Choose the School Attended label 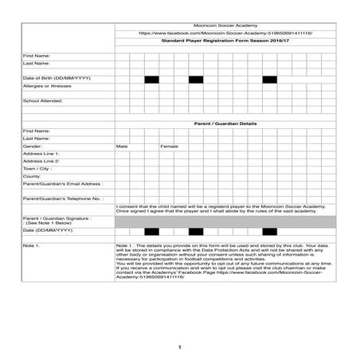[43, 101]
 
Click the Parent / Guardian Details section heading [225, 124]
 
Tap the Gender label [33, 147]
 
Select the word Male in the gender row [122, 147]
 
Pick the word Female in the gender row [170, 147]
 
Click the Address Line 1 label [41, 154]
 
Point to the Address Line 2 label [41, 162]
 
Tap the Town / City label [37, 169]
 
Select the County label [33, 176]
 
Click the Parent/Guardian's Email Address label [63, 184]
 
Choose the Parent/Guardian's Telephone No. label [63, 198]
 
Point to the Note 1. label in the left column [33, 246]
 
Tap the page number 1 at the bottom [180, 347]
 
